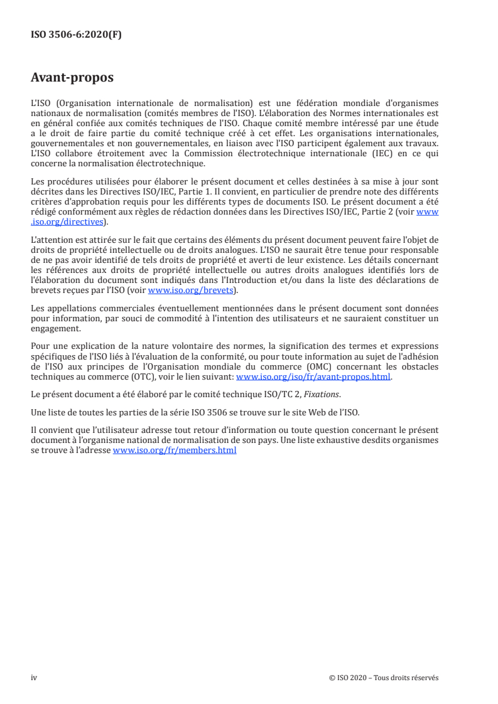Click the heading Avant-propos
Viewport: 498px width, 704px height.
72,78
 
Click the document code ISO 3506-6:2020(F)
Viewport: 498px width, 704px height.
76,35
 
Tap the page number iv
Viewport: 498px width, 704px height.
34,678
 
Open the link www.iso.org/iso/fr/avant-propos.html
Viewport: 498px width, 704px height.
313,377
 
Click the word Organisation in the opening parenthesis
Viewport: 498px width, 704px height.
79,102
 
